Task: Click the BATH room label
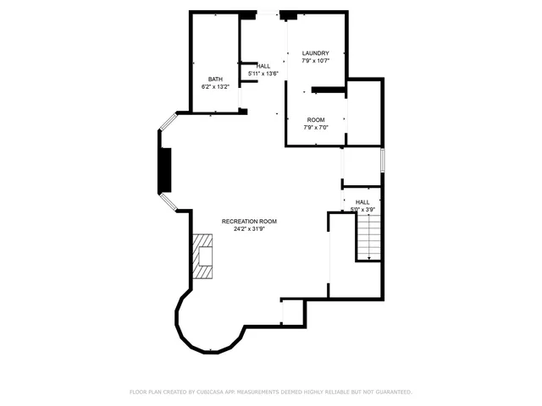point(216,79)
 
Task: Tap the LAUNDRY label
point(316,53)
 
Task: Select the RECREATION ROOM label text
point(249,221)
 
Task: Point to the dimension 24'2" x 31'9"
point(249,228)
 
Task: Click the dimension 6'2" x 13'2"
point(216,86)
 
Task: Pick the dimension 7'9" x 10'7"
point(316,61)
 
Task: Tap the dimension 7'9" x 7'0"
point(316,127)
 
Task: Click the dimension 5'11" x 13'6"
point(263,74)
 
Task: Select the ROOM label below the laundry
point(316,119)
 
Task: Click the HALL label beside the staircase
point(362,202)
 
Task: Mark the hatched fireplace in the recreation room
point(204,256)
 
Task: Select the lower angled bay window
point(168,202)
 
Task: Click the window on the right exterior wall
point(383,160)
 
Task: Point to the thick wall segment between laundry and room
point(328,89)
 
